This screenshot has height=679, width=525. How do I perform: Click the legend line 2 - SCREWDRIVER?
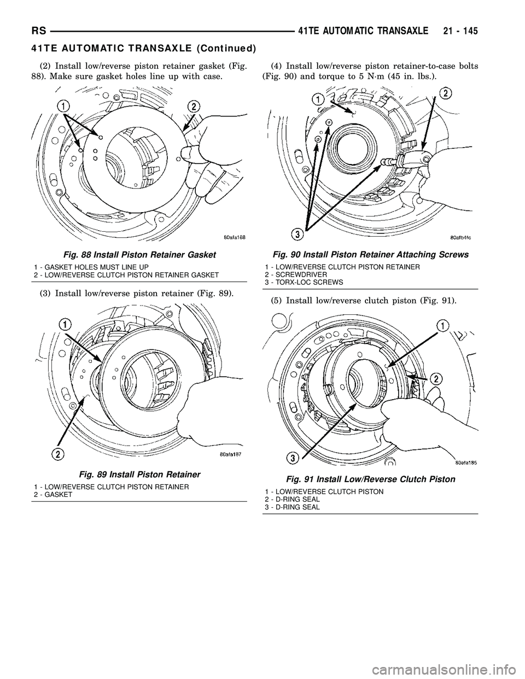click(x=293, y=274)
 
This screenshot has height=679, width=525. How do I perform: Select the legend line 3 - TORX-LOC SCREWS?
click(x=300, y=282)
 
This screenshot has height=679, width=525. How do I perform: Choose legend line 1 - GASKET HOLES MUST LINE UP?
click(x=84, y=266)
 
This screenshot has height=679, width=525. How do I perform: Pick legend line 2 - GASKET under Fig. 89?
click(x=53, y=494)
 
